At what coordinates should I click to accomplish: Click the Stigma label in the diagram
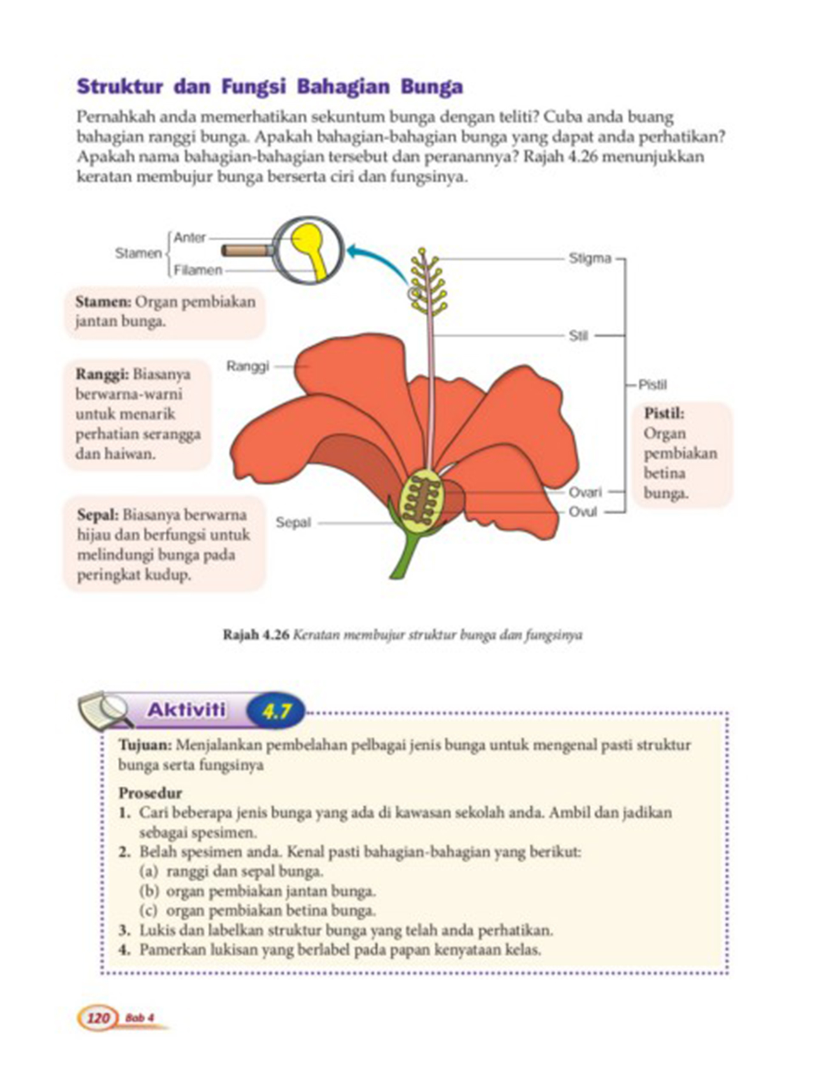click(590, 258)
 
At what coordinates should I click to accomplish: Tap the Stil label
click(578, 335)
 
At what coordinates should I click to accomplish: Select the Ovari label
click(585, 492)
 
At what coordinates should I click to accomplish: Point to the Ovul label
click(583, 511)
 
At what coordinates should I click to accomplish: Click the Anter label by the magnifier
click(190, 237)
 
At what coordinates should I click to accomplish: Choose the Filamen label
click(198, 270)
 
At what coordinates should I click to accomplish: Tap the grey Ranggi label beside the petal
click(248, 366)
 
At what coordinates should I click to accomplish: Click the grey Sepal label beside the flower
click(293, 522)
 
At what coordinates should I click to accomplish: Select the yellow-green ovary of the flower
click(421, 500)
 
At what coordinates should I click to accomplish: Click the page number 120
click(98, 1018)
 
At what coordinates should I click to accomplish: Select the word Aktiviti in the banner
click(187, 709)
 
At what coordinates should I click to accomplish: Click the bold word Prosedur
click(150, 793)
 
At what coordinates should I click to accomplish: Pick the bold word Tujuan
click(145, 744)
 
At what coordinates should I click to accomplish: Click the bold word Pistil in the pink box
click(664, 413)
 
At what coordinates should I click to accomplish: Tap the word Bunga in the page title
click(432, 87)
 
